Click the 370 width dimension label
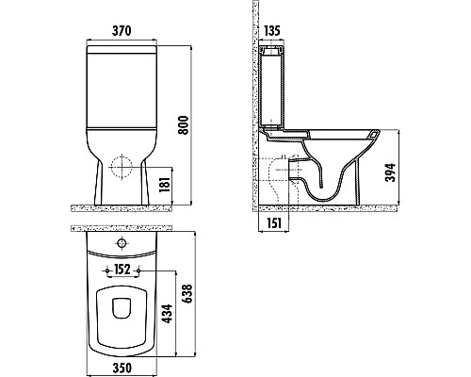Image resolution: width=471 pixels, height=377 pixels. pyautogui.click(x=122, y=31)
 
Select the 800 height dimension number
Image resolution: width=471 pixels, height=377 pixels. pyautogui.click(x=183, y=125)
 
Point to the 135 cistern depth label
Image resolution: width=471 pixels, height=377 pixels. pyautogui.click(x=272, y=31)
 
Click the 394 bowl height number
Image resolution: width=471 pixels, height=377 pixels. pyautogui.click(x=390, y=172)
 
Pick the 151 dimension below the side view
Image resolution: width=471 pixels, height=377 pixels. pyautogui.click(x=274, y=223)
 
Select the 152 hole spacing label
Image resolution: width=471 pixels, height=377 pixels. pyautogui.click(x=122, y=270)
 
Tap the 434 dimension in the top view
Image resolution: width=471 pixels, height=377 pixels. pyautogui.click(x=167, y=314)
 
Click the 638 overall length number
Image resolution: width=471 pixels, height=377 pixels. pyautogui.click(x=187, y=294)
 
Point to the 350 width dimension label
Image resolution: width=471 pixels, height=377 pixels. pyautogui.click(x=122, y=368)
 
